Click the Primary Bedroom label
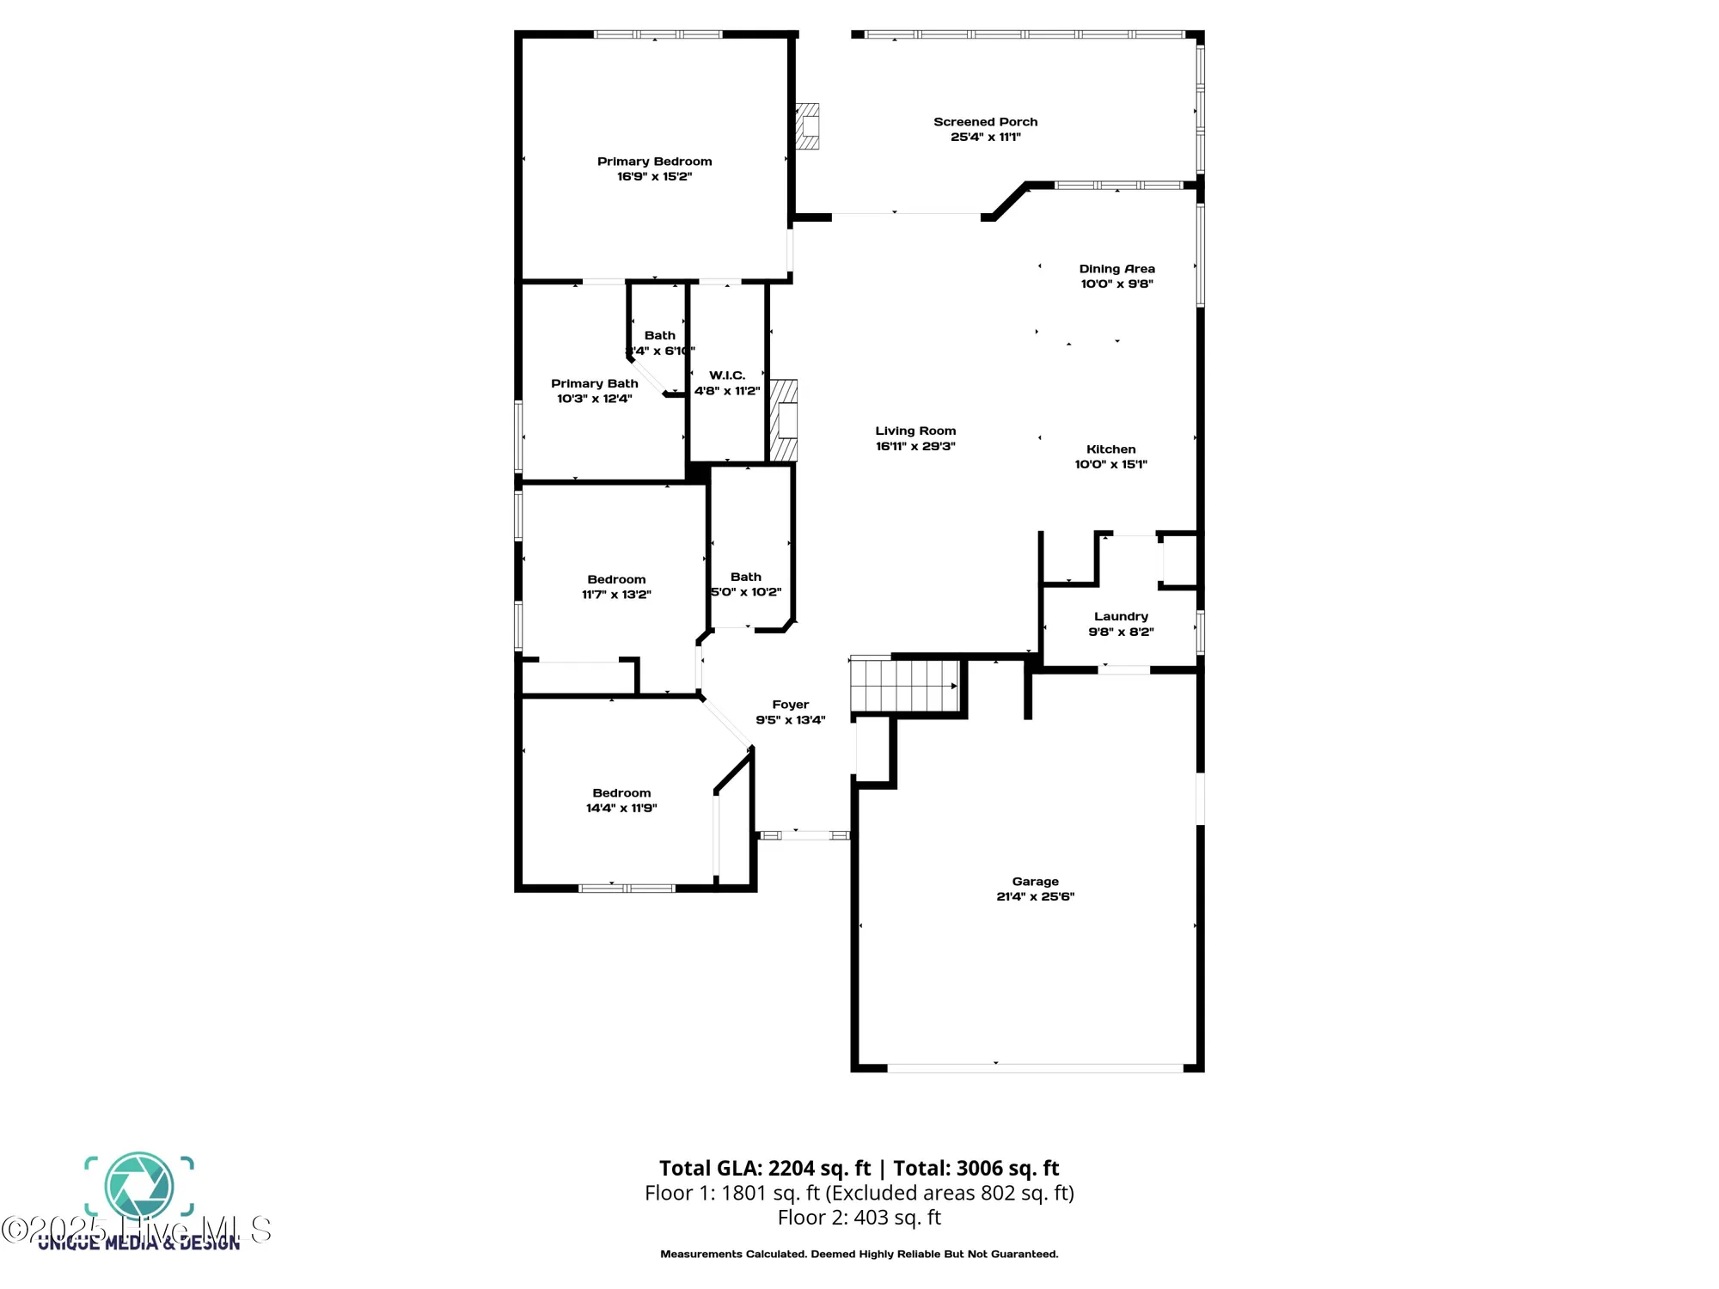pos(654,162)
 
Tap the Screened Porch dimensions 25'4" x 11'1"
pos(985,137)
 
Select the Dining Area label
pos(1116,269)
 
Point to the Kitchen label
pos(1110,449)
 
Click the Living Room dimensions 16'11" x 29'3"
pos(915,446)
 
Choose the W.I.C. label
pos(727,376)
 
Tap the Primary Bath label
pos(594,384)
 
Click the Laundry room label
pos(1121,616)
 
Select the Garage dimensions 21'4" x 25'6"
pos(1035,896)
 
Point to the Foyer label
pos(790,705)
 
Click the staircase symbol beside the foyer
pos(904,685)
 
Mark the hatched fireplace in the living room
pos(783,421)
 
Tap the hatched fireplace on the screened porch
pos(807,126)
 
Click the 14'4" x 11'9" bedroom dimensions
pos(621,808)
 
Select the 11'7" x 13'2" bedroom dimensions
pos(616,595)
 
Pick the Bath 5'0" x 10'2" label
pos(745,577)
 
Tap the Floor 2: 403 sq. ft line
pos(859,1218)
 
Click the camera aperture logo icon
pos(139,1187)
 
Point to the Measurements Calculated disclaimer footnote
pos(859,1255)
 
